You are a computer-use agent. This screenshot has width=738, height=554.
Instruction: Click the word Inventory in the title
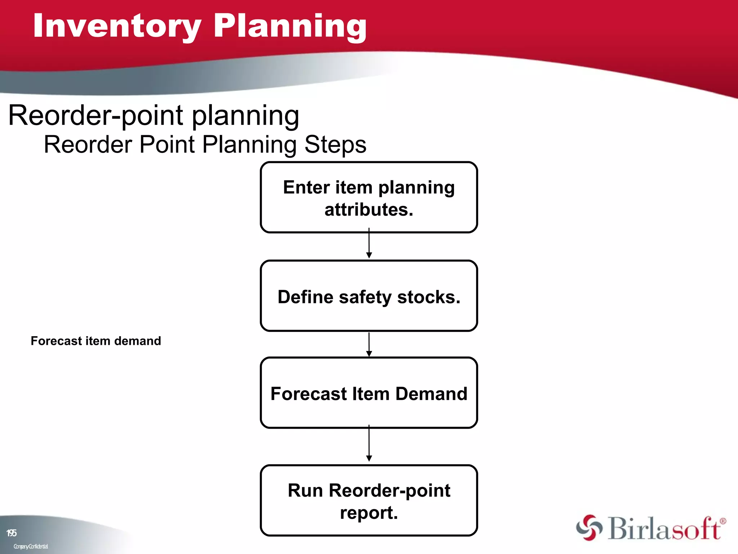tap(117, 26)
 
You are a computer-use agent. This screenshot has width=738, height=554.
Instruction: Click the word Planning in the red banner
tap(290, 26)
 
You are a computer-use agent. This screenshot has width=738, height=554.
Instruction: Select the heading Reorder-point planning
tap(154, 115)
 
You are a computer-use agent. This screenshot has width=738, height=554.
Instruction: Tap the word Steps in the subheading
tap(335, 145)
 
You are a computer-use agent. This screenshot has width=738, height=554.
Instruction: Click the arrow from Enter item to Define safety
tap(369, 244)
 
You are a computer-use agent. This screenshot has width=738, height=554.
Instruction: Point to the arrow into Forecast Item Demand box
tap(369, 345)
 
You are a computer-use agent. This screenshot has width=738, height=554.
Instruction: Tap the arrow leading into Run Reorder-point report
tap(369, 444)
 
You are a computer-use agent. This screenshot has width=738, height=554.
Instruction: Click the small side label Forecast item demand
tap(96, 341)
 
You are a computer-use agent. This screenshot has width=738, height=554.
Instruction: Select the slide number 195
tap(12, 533)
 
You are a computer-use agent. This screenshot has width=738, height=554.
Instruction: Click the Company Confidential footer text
tap(31, 546)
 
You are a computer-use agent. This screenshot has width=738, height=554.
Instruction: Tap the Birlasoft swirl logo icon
tap(589, 527)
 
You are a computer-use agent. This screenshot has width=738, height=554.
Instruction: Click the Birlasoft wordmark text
tap(664, 529)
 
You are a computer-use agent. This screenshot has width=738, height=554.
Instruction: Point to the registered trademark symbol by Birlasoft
tap(723, 521)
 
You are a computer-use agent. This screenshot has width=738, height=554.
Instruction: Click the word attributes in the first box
tap(369, 210)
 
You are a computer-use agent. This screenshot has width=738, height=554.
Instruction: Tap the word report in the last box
tap(369, 513)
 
